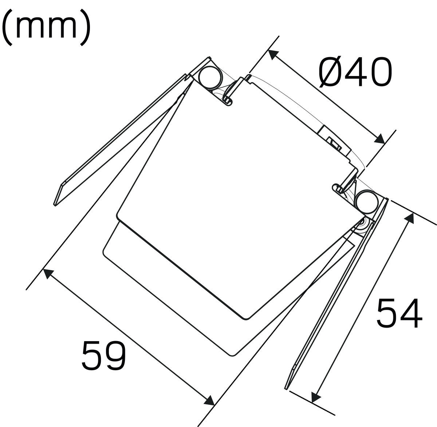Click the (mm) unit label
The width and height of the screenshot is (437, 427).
(46, 27)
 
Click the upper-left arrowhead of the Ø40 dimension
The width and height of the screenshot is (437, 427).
(273, 55)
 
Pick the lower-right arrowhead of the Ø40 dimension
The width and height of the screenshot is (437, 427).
(379, 139)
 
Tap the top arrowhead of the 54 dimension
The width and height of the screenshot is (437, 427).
(410, 218)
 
